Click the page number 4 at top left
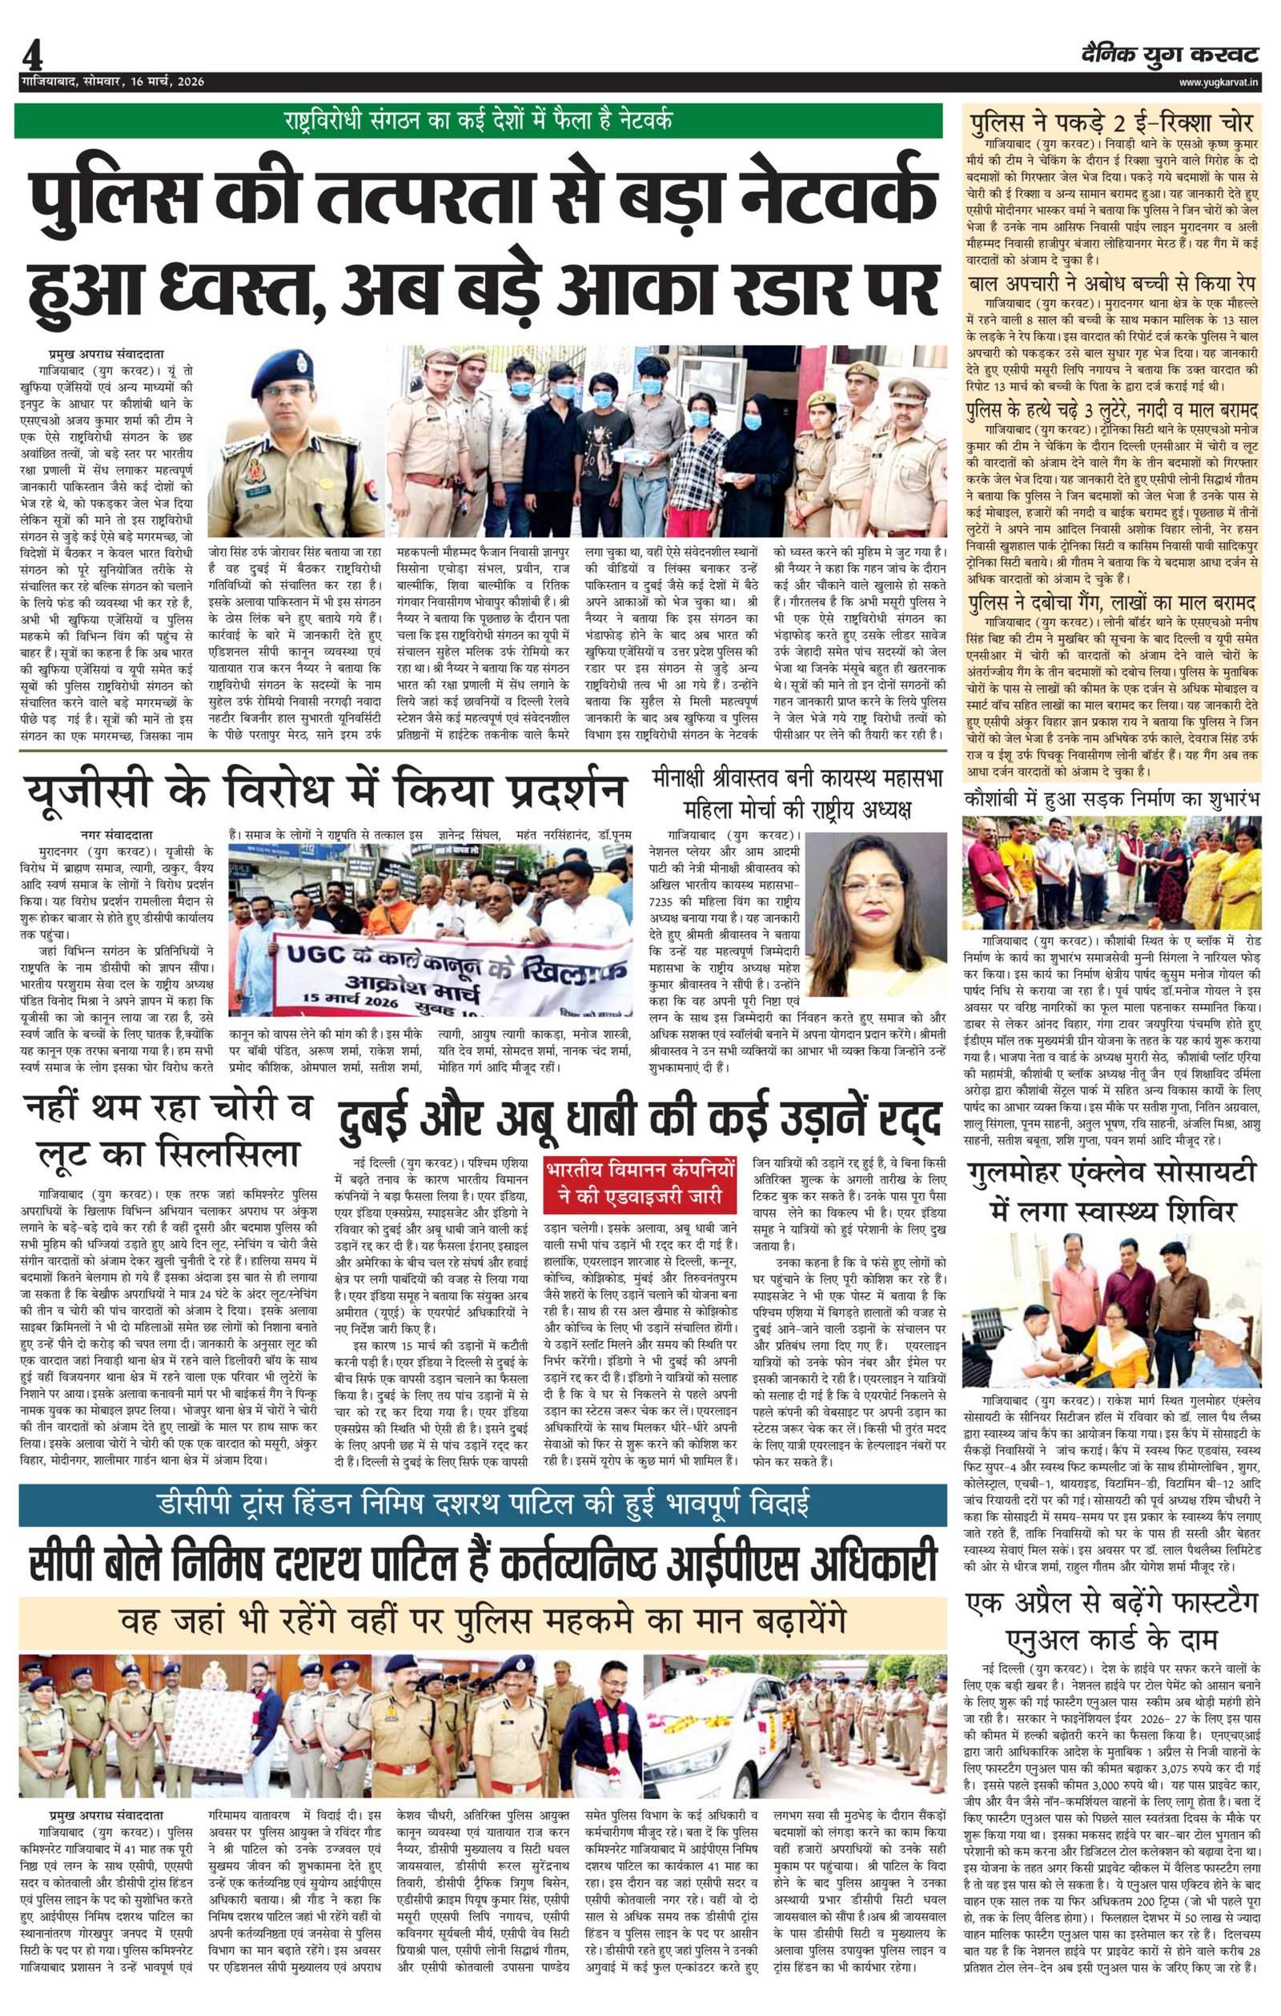point(32,58)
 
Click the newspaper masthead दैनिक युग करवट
point(1170,55)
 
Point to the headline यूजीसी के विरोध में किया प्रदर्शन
point(326,791)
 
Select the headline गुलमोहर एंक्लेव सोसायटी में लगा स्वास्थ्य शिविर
point(1111,1190)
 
